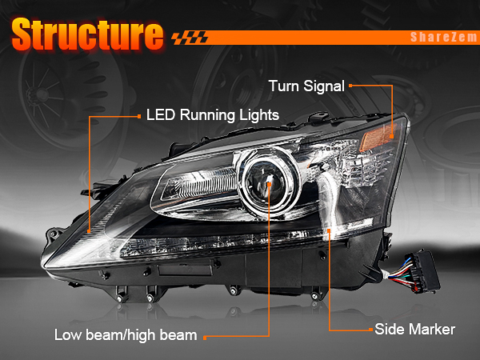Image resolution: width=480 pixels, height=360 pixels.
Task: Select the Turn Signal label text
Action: click(x=306, y=86)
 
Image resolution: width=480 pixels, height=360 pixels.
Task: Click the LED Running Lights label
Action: click(x=212, y=115)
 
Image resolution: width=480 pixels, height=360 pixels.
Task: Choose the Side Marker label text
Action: click(x=414, y=329)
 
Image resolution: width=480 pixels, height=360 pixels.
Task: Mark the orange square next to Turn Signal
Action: click(x=351, y=85)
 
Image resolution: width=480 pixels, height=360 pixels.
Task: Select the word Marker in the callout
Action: click(x=434, y=329)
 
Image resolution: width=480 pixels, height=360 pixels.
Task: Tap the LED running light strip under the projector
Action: click(x=240, y=241)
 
